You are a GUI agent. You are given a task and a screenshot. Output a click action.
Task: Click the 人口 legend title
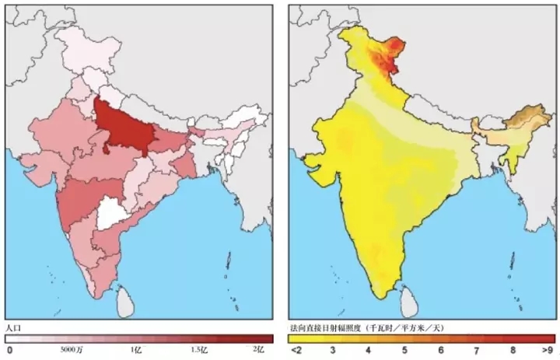[13, 327]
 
